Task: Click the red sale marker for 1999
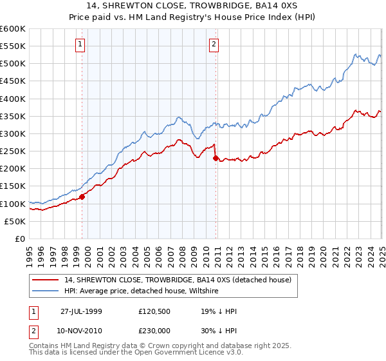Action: [82, 197]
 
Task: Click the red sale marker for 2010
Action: [215, 159]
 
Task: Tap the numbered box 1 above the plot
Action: [80, 44]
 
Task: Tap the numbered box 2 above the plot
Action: [213, 44]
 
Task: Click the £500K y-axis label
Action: [13, 63]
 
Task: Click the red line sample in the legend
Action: [46, 280]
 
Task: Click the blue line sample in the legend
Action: [46, 291]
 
